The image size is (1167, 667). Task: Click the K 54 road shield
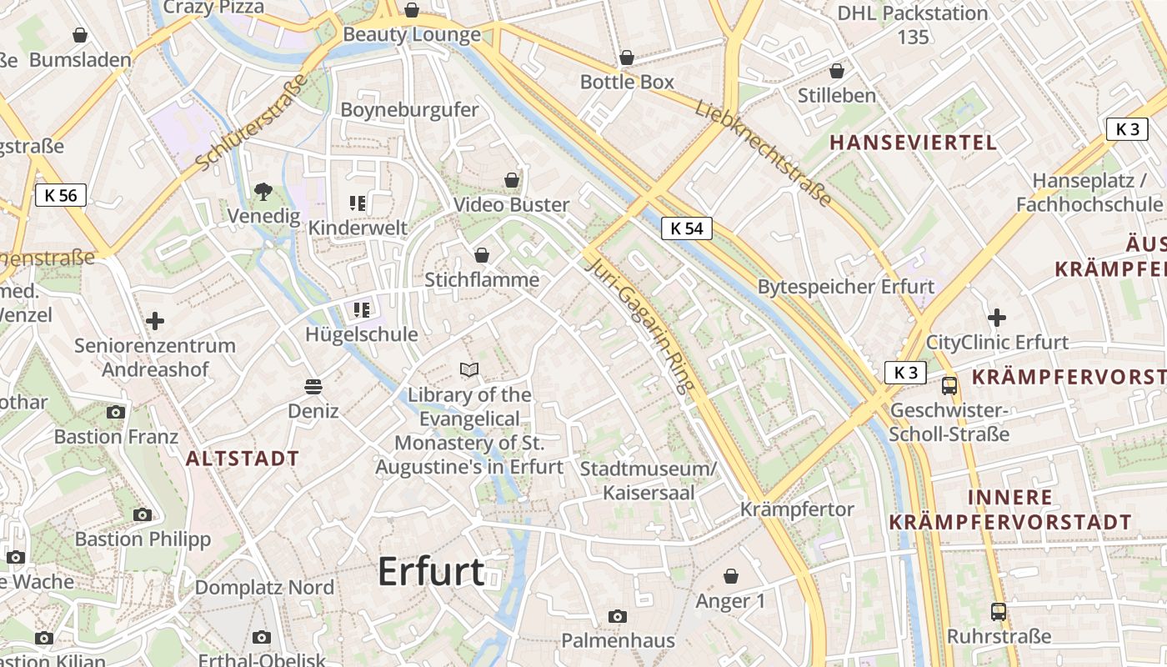pyautogui.click(x=687, y=228)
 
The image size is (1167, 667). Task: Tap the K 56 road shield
pyautogui.click(x=61, y=196)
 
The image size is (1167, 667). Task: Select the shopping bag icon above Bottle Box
pyautogui.click(x=627, y=58)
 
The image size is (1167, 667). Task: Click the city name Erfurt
pyautogui.click(x=431, y=572)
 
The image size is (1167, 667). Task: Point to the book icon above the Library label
pyautogui.click(x=470, y=369)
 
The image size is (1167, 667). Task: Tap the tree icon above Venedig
pyautogui.click(x=263, y=192)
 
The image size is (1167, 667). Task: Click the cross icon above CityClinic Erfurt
pyautogui.click(x=997, y=318)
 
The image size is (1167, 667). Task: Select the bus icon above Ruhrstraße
pyautogui.click(x=999, y=611)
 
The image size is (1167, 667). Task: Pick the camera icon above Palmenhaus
pyautogui.click(x=618, y=616)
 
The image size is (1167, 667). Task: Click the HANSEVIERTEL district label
pyautogui.click(x=914, y=143)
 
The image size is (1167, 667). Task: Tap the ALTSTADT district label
pyautogui.click(x=243, y=459)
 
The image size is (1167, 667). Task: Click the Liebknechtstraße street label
pyautogui.click(x=763, y=153)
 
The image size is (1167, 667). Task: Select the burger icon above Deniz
pyautogui.click(x=313, y=386)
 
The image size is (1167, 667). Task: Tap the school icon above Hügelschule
pyautogui.click(x=361, y=310)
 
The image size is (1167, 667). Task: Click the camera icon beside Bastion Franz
pyautogui.click(x=116, y=412)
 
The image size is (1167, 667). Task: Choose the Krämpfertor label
pyautogui.click(x=797, y=509)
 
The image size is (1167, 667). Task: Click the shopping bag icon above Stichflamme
pyautogui.click(x=482, y=255)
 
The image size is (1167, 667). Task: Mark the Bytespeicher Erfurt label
pyautogui.click(x=846, y=287)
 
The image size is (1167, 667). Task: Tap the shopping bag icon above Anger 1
pyautogui.click(x=731, y=576)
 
